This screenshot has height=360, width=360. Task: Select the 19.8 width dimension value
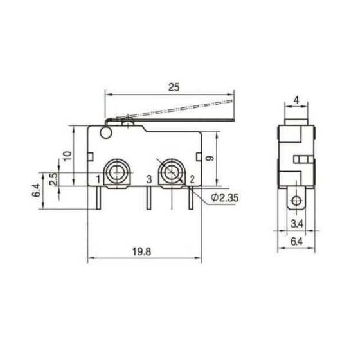[144, 252]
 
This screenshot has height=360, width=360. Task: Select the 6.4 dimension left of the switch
[37, 191]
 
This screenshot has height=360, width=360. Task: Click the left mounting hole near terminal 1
[116, 172]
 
